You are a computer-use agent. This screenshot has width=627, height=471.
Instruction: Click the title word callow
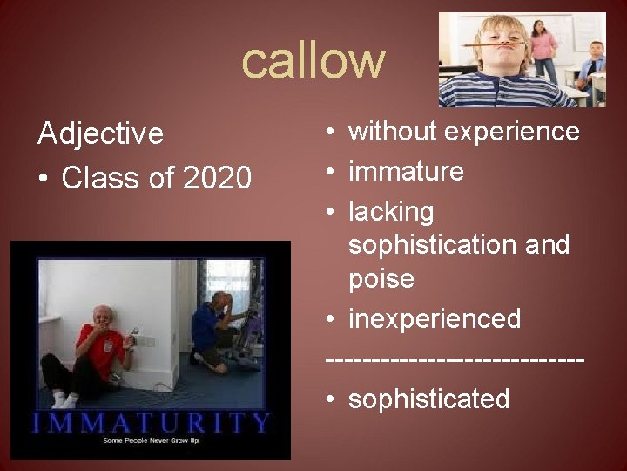313,61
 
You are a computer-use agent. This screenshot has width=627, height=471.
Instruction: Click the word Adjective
100,134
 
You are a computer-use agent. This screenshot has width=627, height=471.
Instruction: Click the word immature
406,172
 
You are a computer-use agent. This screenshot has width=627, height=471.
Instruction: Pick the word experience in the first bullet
512,132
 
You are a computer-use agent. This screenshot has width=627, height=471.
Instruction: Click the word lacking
390,212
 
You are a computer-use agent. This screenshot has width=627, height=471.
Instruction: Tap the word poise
381,279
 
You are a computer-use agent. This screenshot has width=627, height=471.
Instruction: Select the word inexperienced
435,319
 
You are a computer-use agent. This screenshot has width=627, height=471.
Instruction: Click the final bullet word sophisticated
428,399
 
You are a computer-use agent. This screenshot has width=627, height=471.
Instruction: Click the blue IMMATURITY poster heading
150,423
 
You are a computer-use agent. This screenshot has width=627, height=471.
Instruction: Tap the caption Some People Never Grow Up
150,442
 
